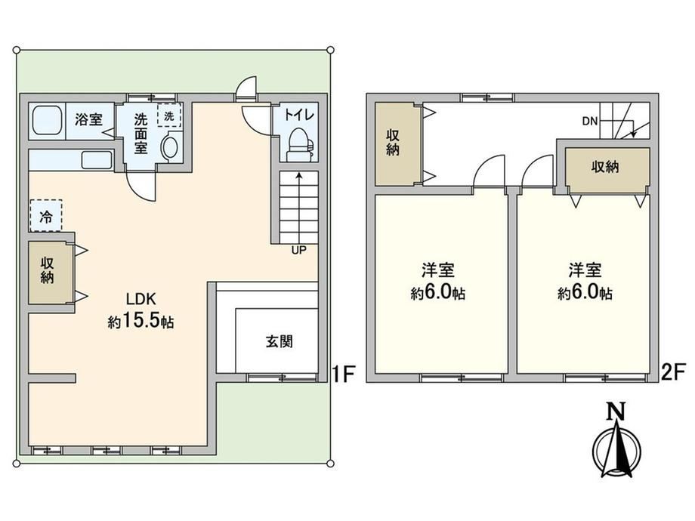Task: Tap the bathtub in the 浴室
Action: (x=47, y=121)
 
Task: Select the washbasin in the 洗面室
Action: (x=170, y=148)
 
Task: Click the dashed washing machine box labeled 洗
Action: (x=169, y=116)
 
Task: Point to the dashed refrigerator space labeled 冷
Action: (x=45, y=216)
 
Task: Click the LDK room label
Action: (x=141, y=299)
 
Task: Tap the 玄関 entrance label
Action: (x=280, y=341)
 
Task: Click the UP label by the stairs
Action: (x=298, y=251)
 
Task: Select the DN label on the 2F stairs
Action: (x=590, y=121)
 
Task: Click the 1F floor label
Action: (x=344, y=375)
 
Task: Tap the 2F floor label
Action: (x=673, y=371)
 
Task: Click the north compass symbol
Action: (x=616, y=443)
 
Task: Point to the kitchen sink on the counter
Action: (x=97, y=160)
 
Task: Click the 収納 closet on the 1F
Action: (x=48, y=271)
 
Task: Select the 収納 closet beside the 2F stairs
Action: (x=604, y=167)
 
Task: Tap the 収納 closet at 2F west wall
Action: (x=394, y=143)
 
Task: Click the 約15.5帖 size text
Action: (x=141, y=321)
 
